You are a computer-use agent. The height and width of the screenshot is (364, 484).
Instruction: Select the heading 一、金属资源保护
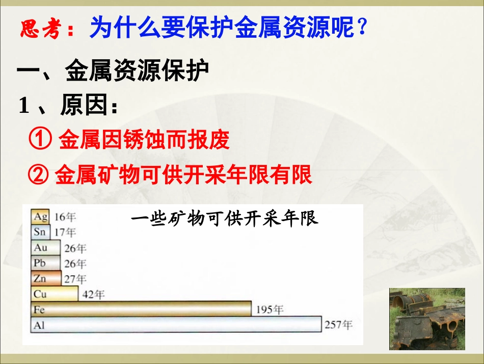pos(113,73)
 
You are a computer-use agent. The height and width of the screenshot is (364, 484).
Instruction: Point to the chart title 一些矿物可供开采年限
pos(224,219)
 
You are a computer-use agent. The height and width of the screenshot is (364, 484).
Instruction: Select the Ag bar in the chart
pos(41,216)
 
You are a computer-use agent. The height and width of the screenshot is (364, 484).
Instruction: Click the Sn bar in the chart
pos(41,232)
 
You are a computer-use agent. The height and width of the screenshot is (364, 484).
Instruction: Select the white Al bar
pos(176,325)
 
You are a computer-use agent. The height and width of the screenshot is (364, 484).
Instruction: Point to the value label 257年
pos(338,325)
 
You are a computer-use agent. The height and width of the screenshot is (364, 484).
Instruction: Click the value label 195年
pos(270,309)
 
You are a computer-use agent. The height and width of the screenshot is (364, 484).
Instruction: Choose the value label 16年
pos(65,217)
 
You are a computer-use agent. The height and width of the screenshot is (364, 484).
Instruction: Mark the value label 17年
pos(65,232)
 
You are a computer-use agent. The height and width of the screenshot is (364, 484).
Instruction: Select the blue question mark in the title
pos(362,28)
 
